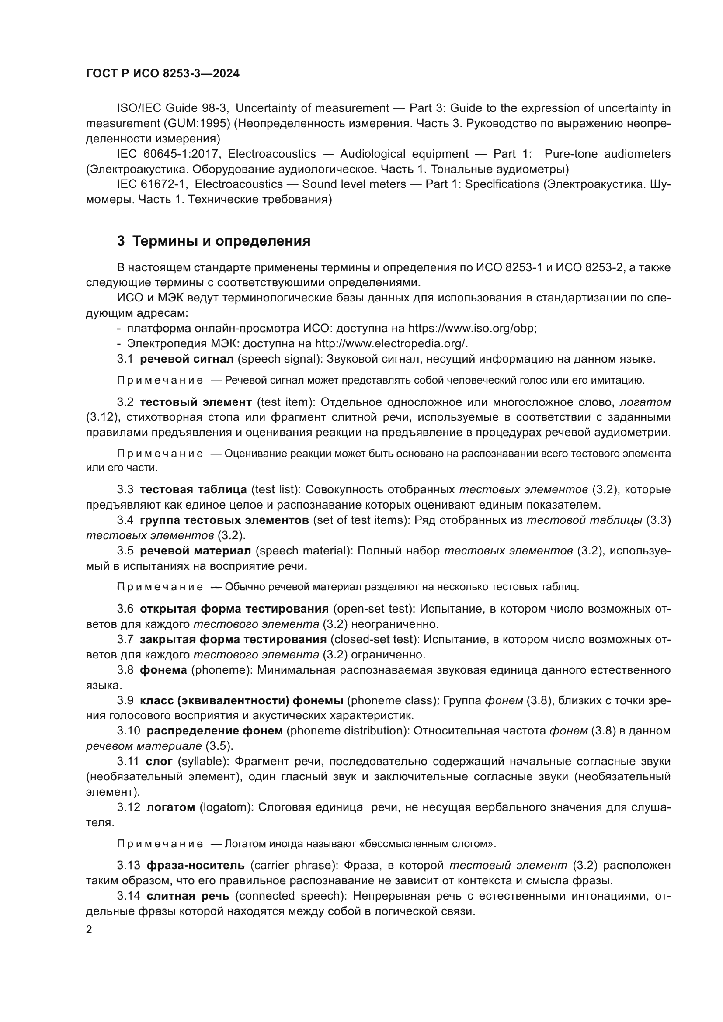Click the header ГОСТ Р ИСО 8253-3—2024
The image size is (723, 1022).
click(x=163, y=74)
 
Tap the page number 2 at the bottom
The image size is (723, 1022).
click(x=89, y=930)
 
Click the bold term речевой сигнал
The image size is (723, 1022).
click(x=187, y=359)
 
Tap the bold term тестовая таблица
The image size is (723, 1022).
click(x=193, y=490)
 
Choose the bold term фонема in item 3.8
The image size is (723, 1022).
click(x=163, y=670)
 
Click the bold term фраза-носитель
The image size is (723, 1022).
click(x=195, y=865)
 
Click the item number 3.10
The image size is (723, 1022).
click(x=129, y=731)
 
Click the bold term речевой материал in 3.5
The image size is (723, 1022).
click(x=195, y=551)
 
